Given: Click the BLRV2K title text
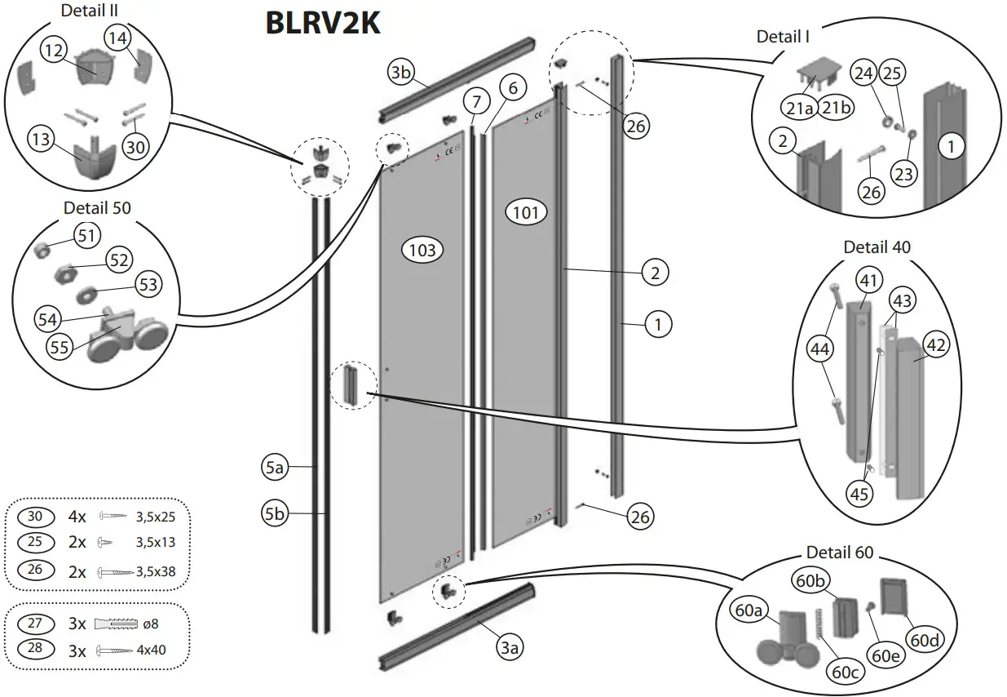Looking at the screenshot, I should click(x=323, y=23).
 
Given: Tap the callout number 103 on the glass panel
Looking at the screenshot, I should click(x=422, y=250).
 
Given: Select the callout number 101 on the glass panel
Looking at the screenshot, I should click(x=526, y=214).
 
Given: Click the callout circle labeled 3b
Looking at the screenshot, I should click(x=400, y=73).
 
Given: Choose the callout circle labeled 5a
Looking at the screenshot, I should click(x=275, y=468).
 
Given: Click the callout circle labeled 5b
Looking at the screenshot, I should click(x=275, y=514).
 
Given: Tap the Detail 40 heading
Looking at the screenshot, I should click(x=877, y=246).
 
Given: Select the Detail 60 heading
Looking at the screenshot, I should click(x=839, y=553).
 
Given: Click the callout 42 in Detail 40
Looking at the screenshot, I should click(x=935, y=345).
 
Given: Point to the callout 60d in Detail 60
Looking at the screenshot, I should click(x=925, y=640).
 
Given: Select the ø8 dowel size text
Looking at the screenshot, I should click(x=150, y=624).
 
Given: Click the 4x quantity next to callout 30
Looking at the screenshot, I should click(x=77, y=517).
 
